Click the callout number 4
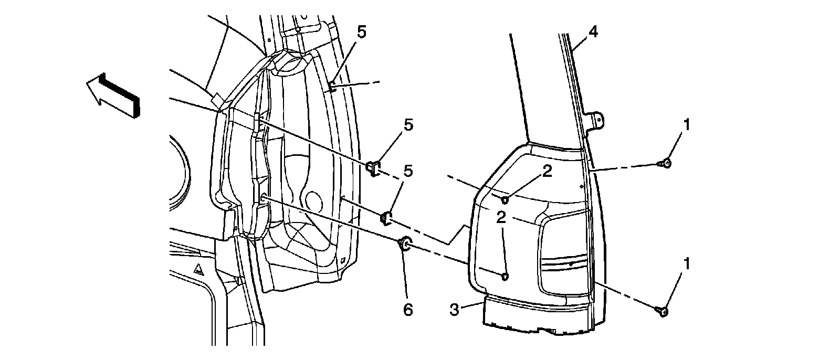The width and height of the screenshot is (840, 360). [x=593, y=33]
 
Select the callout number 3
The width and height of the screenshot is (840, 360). [x=455, y=310]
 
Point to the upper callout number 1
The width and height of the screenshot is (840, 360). [x=687, y=126]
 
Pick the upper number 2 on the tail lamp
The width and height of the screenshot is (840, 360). [x=548, y=172]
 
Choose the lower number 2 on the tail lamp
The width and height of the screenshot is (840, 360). [x=502, y=218]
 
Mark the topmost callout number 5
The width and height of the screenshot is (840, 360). [x=362, y=33]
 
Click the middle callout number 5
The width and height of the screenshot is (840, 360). [x=408, y=125]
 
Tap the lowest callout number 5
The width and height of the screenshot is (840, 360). [x=408, y=172]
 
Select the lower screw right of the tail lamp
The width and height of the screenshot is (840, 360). [x=662, y=311]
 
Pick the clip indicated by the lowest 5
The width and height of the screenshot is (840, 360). [x=386, y=216]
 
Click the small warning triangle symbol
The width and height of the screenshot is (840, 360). [x=198, y=270]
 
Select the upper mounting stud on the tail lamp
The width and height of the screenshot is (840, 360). [x=505, y=199]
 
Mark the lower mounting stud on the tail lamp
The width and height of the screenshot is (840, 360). [x=505, y=277]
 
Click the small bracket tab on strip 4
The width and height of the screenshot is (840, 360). [x=597, y=120]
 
